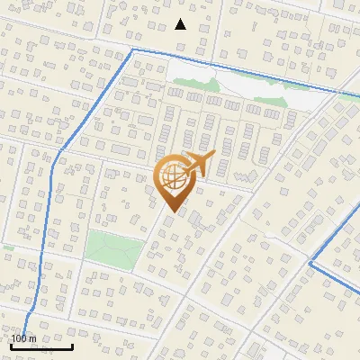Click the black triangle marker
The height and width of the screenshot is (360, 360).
181,24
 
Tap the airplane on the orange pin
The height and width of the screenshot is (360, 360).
197,165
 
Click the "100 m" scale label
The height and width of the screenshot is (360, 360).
23,338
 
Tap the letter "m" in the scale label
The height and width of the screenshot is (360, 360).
32,338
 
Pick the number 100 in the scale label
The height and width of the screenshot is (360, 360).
19,338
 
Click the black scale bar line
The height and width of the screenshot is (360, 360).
41,346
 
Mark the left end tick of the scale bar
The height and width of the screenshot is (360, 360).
12,345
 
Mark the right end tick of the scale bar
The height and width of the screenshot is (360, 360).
72,345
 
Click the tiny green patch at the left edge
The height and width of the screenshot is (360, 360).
6,247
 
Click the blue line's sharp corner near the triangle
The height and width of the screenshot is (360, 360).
133,50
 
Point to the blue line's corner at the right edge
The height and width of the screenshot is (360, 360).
310,264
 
